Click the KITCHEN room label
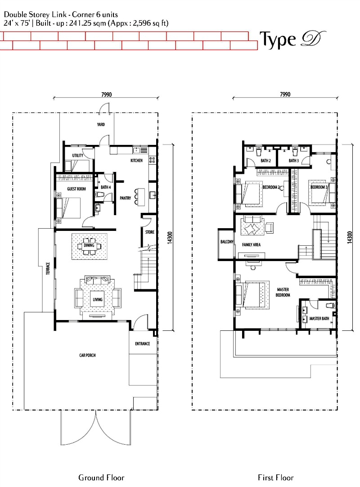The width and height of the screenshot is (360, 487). click(136, 161)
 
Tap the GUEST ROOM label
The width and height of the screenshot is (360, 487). click(76, 189)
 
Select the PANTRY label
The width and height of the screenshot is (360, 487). click(126, 198)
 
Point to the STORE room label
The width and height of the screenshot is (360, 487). click(150, 232)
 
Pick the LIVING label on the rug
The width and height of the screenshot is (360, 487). click(98, 300)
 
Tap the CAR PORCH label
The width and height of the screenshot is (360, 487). click(87, 355)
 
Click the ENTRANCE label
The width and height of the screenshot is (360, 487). click(143, 344)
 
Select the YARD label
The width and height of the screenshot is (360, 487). click(101, 125)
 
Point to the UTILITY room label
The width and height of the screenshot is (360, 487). click(78, 155)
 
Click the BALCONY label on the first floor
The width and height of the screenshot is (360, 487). click(227, 242)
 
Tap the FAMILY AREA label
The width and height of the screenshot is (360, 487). click(251, 245)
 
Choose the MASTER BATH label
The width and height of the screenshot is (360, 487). click(319, 319)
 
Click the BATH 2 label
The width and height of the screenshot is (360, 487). click(265, 161)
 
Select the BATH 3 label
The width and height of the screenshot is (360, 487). click(293, 161)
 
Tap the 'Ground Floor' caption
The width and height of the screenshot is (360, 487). click(101, 478)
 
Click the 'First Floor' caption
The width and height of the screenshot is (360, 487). click(275, 478)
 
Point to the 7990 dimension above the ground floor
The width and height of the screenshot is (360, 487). click(107, 95)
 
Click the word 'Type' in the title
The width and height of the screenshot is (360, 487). click(278, 40)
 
